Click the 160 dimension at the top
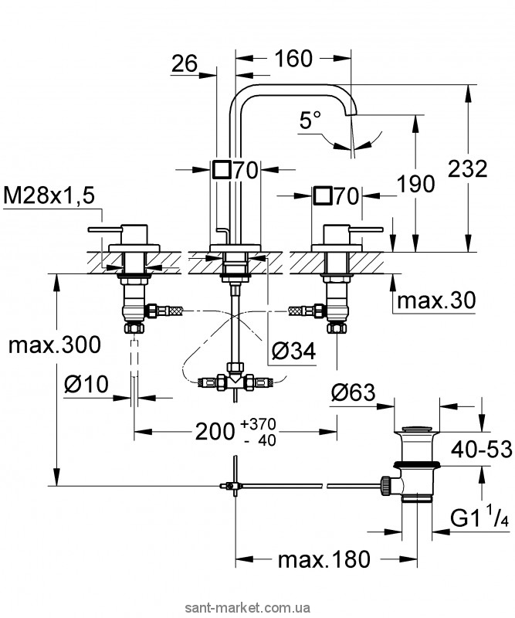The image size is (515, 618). [x=293, y=59]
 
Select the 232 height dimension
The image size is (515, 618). [x=468, y=168]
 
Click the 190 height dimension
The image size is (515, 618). [x=415, y=184]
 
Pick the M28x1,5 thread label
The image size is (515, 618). [x=49, y=195]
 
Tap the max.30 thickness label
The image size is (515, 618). [x=436, y=301]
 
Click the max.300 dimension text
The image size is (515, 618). [x=55, y=345]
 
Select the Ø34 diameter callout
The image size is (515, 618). [x=294, y=351]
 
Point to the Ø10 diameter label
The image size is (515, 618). [x=86, y=383]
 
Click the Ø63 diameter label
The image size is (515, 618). [x=354, y=392]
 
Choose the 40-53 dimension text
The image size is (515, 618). [x=482, y=450]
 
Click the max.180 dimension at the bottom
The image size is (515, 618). [x=324, y=559]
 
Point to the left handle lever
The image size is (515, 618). [x=105, y=229]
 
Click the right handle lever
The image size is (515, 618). [x=366, y=229]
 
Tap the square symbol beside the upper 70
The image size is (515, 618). [x=221, y=169]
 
